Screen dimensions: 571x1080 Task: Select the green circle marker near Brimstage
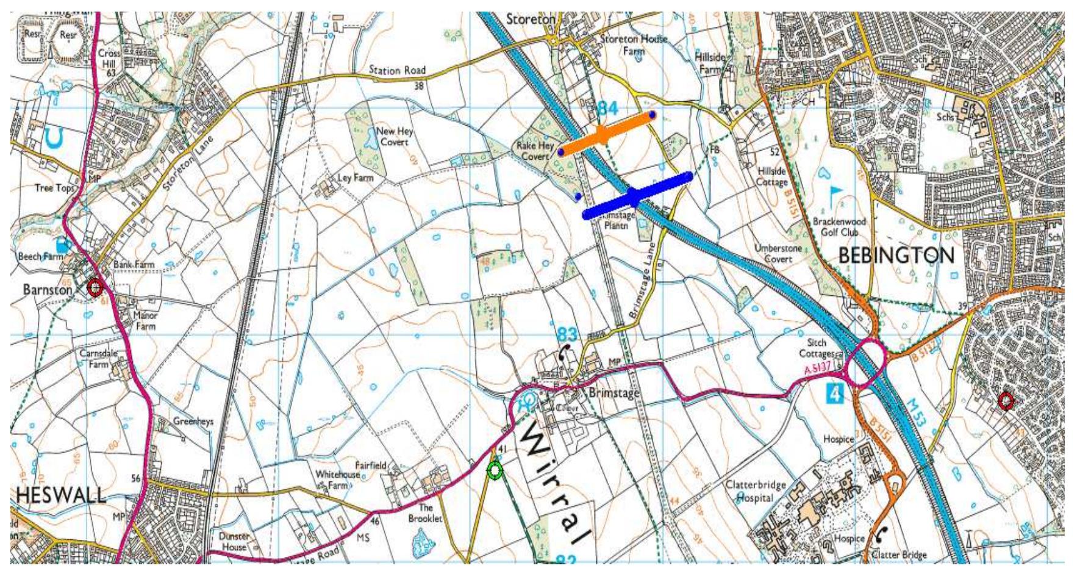495,470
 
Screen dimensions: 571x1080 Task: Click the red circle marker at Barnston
95,287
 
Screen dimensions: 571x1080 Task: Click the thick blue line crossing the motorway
637,196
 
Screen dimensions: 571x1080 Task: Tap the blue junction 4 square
835,394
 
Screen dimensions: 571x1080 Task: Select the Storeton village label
531,20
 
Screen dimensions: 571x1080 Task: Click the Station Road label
397,71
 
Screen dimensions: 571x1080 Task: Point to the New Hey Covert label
394,137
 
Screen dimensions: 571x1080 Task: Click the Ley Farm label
355,178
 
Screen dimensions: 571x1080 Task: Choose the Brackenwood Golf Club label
839,227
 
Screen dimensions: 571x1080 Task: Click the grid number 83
567,334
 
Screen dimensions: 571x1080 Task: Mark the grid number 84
607,109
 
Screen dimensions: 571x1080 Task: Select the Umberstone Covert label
778,254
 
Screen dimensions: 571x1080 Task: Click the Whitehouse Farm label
337,479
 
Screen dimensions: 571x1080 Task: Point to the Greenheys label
193,422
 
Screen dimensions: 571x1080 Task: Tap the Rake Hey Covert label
535,151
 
